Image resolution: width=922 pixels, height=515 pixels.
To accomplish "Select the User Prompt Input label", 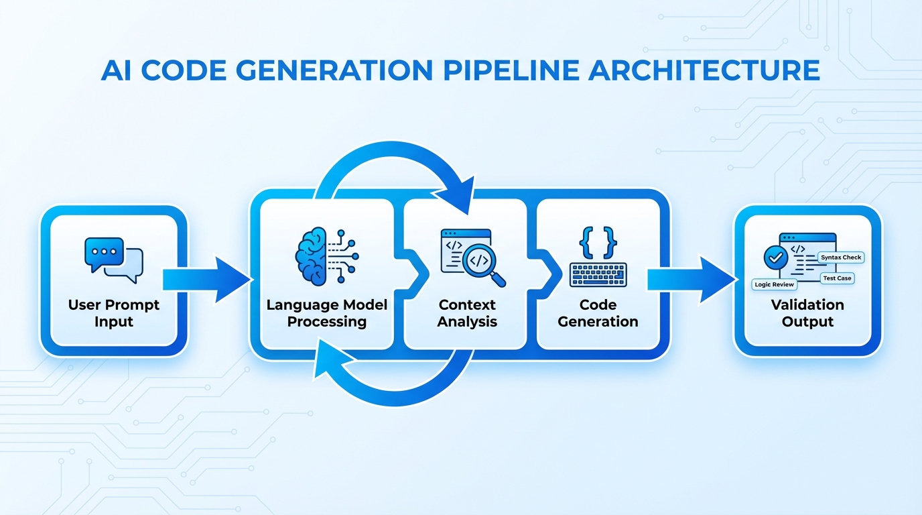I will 114,313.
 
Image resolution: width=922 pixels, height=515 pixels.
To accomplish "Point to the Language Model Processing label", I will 327,313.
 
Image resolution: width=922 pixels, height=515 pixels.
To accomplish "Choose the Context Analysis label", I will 467,313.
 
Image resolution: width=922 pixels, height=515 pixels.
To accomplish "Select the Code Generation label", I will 598,313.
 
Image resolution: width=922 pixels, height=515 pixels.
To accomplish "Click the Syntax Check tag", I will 841,257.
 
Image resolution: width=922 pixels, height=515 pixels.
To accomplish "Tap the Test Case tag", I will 837,278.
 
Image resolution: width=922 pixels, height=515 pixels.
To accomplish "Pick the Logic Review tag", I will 774,284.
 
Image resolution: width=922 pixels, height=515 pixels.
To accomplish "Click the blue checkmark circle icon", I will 775,257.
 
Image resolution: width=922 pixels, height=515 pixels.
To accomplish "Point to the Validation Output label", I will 807,313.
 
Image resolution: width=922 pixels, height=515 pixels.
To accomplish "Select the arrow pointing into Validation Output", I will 690,278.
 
